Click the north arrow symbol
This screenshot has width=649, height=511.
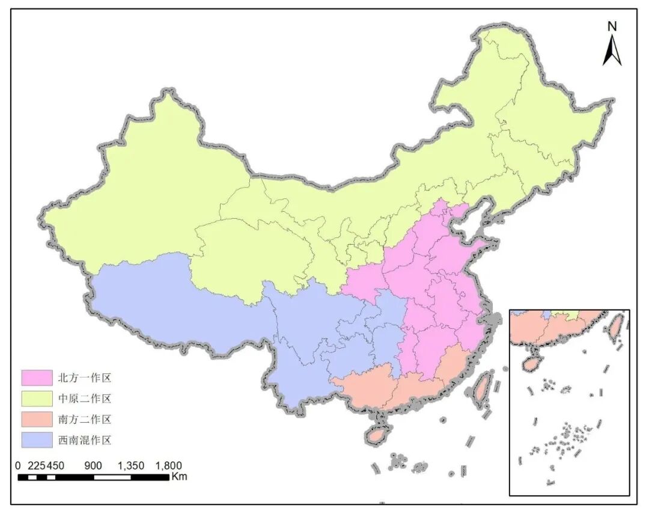(612, 50)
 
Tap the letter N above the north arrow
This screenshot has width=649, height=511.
(612, 26)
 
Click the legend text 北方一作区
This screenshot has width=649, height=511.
(85, 378)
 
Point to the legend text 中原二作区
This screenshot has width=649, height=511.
(85, 399)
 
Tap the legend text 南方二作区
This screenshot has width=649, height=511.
(85, 419)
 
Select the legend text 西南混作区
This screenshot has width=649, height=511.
(85, 440)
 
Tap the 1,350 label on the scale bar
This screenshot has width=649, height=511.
(130, 466)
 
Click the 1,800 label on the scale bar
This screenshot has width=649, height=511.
(168, 466)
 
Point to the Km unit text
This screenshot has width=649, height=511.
(179, 477)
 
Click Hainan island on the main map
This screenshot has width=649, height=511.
(377, 433)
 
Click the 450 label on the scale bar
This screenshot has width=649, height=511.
(55, 466)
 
